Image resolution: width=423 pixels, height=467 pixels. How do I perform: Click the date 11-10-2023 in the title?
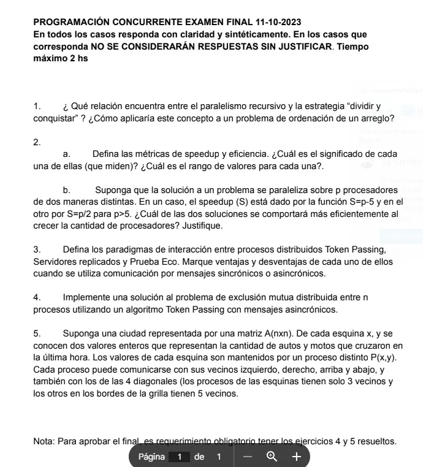[x=266, y=21]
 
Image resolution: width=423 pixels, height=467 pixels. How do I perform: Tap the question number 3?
[x=37, y=249]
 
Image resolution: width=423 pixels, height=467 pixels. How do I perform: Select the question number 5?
[x=37, y=334]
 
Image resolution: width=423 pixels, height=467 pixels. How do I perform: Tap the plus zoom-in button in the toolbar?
[x=296, y=457]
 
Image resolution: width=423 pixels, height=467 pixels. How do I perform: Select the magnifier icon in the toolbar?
[x=272, y=457]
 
